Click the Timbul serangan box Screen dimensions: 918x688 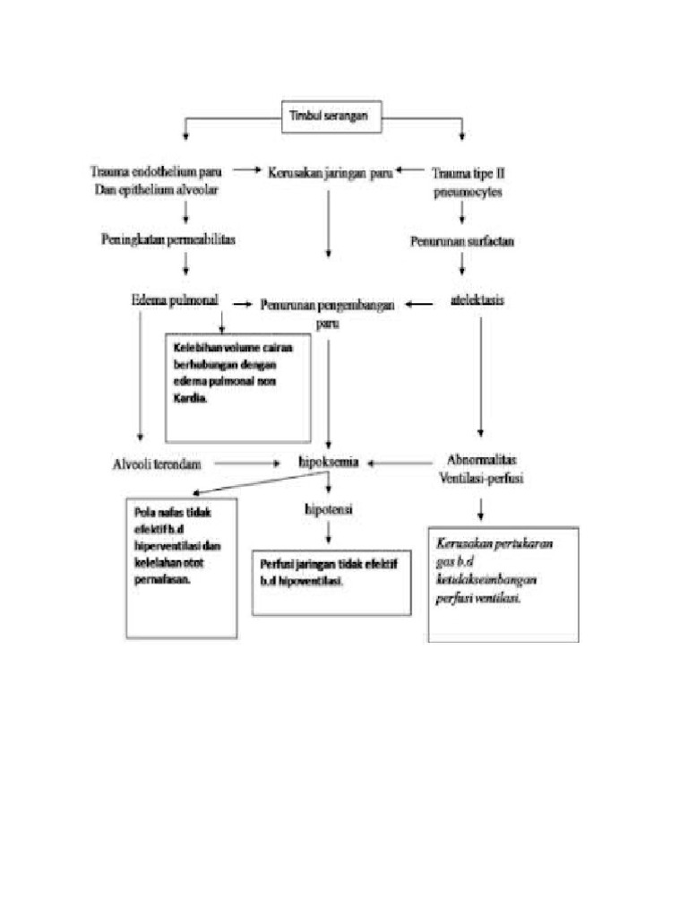(331, 116)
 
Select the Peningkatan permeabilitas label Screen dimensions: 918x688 (168, 239)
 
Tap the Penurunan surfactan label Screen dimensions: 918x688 (462, 241)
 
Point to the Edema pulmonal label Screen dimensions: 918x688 (176, 301)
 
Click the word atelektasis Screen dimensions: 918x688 (476, 301)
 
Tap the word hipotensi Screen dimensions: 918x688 (329, 508)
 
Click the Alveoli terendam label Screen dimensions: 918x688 (158, 463)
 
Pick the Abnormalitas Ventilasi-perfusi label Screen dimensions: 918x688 (482, 470)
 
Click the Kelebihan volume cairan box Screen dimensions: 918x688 (237, 387)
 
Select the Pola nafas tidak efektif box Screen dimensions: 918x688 (182, 567)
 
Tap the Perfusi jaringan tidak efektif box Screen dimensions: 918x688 (330, 582)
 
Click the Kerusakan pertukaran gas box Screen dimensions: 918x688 (503, 584)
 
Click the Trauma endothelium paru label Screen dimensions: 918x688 (158, 178)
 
